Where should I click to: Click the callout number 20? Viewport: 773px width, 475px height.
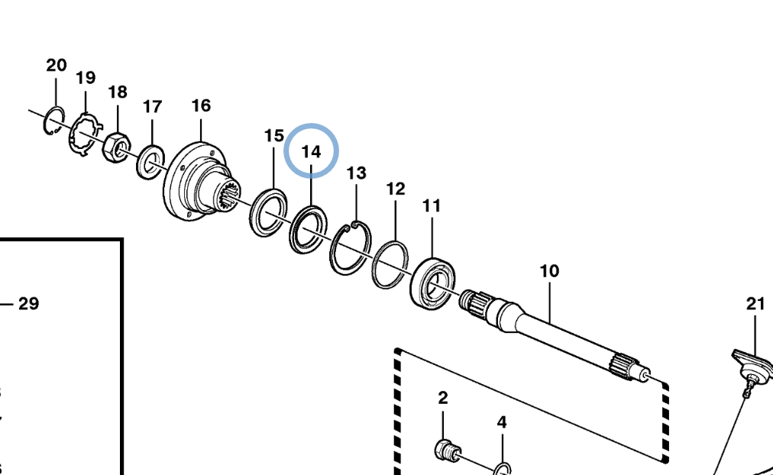point(57,66)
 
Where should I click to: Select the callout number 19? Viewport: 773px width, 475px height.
point(86,78)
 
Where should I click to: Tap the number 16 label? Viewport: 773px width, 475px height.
point(201,105)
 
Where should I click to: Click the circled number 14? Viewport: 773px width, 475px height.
point(311,151)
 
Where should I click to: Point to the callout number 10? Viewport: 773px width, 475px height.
point(550,271)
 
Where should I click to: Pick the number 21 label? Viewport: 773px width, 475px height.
point(755,304)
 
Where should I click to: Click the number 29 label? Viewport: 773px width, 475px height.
point(28,303)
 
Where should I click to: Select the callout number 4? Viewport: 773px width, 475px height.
point(501,422)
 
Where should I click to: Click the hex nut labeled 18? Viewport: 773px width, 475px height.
point(116,147)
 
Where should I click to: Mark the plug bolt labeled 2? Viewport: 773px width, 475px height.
point(448,450)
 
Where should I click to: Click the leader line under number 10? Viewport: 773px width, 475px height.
point(550,302)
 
